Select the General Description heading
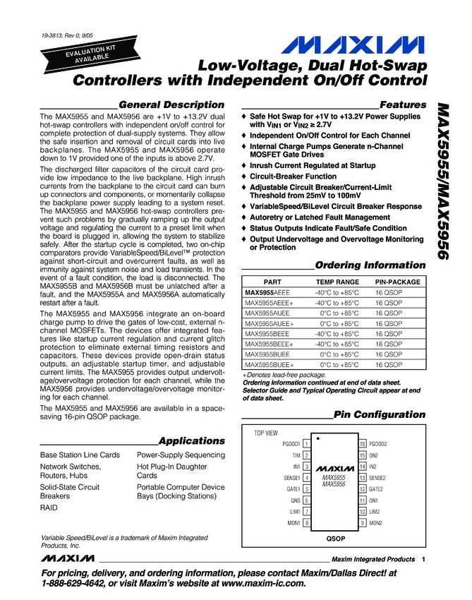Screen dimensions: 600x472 tap(171, 104)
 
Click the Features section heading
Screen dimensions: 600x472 tap(402, 104)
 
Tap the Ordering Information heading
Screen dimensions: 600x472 tap(370, 265)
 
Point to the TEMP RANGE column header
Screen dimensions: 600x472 tap(337, 282)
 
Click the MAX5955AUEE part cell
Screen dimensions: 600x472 tap(267, 312)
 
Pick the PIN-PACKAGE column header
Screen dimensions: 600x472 tap(398, 282)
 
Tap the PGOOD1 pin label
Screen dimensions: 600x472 tap(291, 444)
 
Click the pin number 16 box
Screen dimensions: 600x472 tap(363, 444)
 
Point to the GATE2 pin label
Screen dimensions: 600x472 tap(376, 489)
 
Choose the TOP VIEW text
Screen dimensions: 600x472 tap(266, 432)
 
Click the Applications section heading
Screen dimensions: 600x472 tap(191, 440)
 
